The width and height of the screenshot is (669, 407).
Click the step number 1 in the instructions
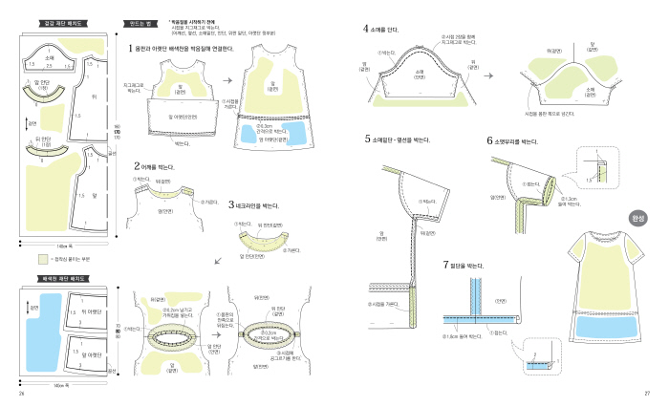[131, 48]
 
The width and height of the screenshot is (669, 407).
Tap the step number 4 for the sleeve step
[367, 29]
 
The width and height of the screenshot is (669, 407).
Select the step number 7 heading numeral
[445, 263]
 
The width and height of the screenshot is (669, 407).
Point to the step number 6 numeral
[489, 140]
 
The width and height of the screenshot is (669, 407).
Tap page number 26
[20, 394]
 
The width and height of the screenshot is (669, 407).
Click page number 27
[647, 394]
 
